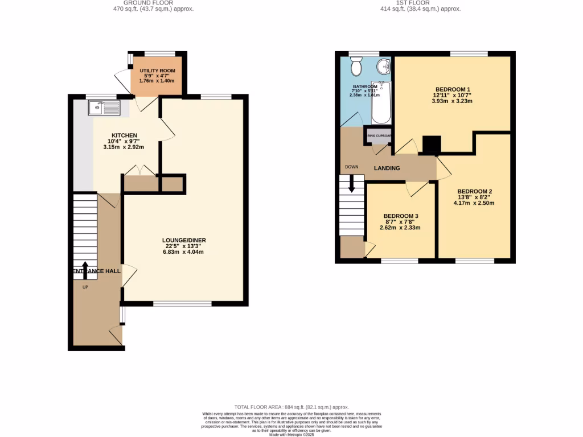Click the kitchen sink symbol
coord(104,107)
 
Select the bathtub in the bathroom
coord(381,103)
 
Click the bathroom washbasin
coord(385,67)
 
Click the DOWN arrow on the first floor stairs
coord(351,183)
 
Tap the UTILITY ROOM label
coord(157,71)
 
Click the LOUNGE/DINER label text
coord(183,240)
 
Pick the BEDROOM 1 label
coord(453,89)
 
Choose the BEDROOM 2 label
coord(474,191)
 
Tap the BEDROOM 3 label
coord(400,216)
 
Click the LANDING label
coord(387,168)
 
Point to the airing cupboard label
coord(379,136)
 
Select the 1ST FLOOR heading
coord(421,3)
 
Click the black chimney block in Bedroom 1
coord(432,146)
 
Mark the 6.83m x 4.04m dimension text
coord(183,252)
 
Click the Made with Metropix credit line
coord(291,434)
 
